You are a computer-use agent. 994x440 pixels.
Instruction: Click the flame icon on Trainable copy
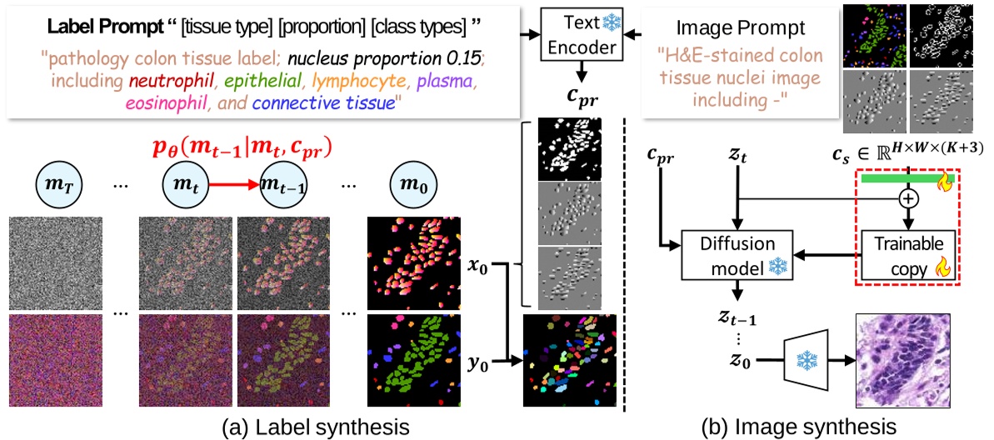942,267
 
